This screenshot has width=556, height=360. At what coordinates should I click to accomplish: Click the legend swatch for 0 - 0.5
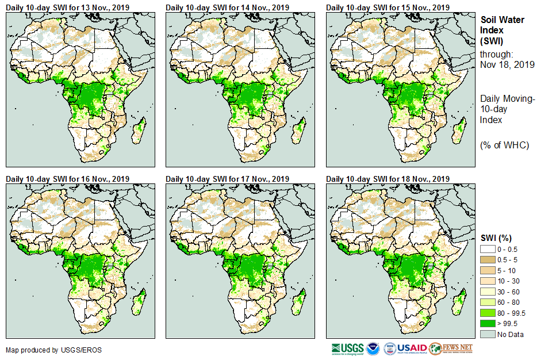[x=488, y=249]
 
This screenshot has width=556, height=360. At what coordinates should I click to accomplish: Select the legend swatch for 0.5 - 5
[x=488, y=260]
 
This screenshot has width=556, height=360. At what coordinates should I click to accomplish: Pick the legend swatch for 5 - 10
[x=488, y=270]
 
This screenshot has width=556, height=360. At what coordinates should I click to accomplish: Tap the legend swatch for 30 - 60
[x=488, y=292]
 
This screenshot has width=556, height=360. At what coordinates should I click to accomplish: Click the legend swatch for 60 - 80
[x=488, y=302]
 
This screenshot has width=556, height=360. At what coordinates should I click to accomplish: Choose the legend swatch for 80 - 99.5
[x=488, y=313]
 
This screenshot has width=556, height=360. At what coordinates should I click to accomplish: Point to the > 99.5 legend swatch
[x=488, y=324]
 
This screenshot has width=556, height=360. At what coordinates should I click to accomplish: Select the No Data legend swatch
[x=488, y=334]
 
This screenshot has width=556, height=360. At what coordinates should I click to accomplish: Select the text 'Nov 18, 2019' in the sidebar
[x=507, y=64]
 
